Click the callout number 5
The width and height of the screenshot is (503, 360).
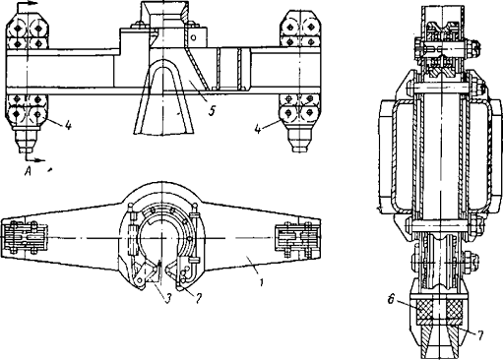213,111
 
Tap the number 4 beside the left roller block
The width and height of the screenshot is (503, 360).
68,126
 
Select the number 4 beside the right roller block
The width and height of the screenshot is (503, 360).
258,129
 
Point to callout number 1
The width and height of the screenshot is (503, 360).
261,282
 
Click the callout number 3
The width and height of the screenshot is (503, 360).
168,298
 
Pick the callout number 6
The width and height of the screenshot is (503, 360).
391,300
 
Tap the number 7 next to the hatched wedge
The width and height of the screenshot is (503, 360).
480,335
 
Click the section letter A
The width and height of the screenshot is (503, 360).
29,171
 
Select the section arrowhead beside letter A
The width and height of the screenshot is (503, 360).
39,160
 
